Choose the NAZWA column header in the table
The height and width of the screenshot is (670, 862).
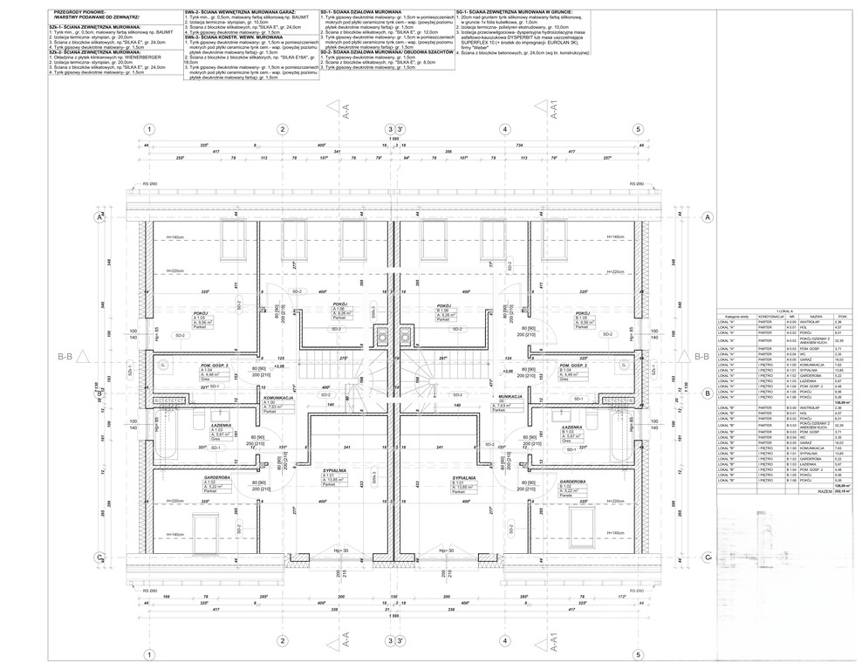(816, 316)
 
